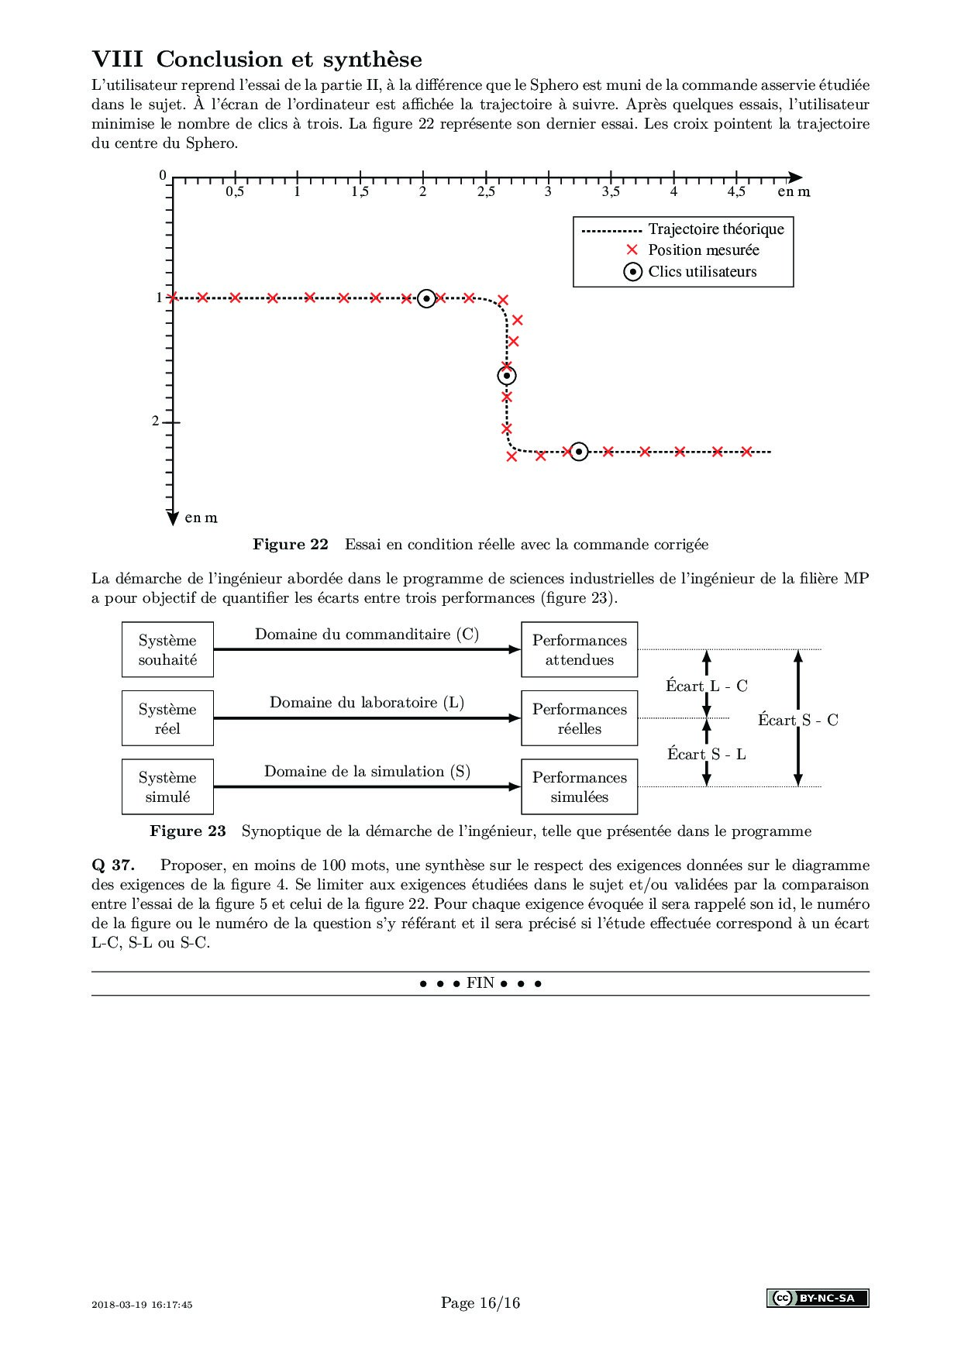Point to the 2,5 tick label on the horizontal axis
pos(486,192)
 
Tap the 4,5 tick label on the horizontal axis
pos(736,192)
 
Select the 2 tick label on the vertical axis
pos(156,421)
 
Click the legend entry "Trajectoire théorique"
pos(715,229)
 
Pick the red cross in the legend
pos(632,249)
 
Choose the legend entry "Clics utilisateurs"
pos(702,272)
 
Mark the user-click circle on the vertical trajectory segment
pos(507,376)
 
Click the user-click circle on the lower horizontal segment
pos(579,451)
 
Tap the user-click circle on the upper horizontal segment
pos(426,298)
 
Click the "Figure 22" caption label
pos(291,545)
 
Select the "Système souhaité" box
pos(167,649)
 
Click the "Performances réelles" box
pos(580,718)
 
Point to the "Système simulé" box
pos(167,786)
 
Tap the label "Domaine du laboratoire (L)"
pos(367,703)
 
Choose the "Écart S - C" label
pos(798,720)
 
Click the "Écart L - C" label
pos(706,686)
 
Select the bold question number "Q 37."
pos(113,865)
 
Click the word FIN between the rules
pos(480,983)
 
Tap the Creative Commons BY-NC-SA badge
pos(818,1298)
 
